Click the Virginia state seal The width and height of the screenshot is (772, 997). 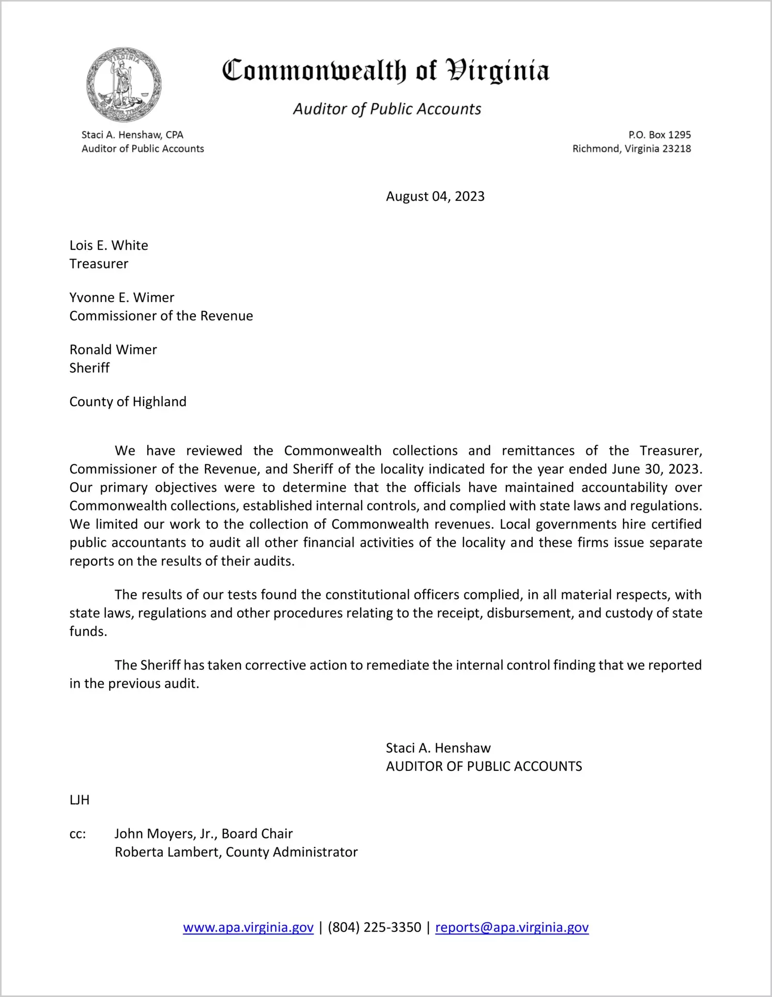pos(123,85)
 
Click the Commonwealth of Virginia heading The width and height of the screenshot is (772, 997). pos(385,71)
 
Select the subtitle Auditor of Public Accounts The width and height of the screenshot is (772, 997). pos(387,109)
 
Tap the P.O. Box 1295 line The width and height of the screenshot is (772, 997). pos(659,135)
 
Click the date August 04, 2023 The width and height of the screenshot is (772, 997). pos(435,196)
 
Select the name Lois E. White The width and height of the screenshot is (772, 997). pos(109,245)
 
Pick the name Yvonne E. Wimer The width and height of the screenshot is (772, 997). pos(121,297)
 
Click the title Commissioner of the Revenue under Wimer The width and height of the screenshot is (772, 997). pos(161,316)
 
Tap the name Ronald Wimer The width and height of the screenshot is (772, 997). pos(113,350)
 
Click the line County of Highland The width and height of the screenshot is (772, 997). pos(128,402)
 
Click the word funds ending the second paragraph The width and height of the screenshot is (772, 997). pos(87,631)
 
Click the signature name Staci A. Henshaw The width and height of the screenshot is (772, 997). pos(438,748)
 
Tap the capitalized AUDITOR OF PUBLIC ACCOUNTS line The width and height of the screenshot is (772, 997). pos(484,766)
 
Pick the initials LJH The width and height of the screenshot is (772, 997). pos(80,800)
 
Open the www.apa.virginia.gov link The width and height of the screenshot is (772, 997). pos(248,927)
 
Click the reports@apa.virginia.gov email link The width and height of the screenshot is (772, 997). pos(512,927)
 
